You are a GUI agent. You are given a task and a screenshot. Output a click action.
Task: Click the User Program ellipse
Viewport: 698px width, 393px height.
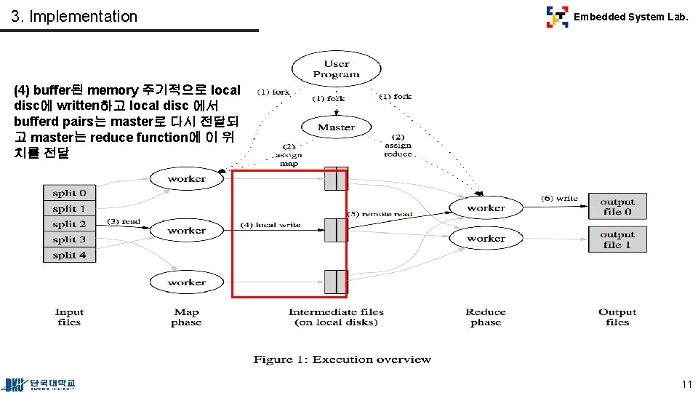click(x=336, y=69)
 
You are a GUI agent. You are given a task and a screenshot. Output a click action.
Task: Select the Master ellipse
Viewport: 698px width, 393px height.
click(x=336, y=127)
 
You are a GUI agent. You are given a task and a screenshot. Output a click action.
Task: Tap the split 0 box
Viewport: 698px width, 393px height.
click(x=69, y=193)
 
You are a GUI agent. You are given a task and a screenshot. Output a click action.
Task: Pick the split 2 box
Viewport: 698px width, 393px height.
click(x=69, y=224)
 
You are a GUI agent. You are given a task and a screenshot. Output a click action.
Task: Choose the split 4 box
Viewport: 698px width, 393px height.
click(x=69, y=255)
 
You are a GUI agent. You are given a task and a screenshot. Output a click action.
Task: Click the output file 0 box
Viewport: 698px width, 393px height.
click(x=617, y=207)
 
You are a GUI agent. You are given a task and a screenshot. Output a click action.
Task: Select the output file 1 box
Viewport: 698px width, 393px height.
click(x=617, y=239)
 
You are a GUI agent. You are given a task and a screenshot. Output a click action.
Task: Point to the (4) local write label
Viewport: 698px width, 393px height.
click(x=270, y=225)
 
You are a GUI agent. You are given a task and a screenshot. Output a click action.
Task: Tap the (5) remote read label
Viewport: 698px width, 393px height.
click(x=378, y=214)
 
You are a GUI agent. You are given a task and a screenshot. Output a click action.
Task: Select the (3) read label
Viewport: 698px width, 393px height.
click(x=124, y=221)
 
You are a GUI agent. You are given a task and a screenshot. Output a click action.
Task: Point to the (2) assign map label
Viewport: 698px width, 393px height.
click(x=289, y=155)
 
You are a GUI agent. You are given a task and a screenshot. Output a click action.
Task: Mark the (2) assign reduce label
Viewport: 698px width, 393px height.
click(x=398, y=146)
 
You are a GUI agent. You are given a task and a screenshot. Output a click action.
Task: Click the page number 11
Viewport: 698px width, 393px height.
click(x=686, y=384)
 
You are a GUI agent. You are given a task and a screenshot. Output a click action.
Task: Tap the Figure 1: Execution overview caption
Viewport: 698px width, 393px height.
click(x=342, y=360)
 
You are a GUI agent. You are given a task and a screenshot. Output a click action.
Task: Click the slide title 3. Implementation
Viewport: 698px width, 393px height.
click(x=74, y=16)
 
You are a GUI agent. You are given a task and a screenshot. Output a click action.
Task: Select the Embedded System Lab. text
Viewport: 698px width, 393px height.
click(x=630, y=17)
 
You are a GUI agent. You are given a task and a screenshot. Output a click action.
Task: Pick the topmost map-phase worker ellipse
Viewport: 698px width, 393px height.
click(x=186, y=179)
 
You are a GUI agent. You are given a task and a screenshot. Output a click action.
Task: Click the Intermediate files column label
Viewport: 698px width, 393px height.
click(x=336, y=317)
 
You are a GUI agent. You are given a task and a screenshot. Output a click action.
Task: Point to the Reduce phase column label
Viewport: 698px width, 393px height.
click(x=486, y=317)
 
